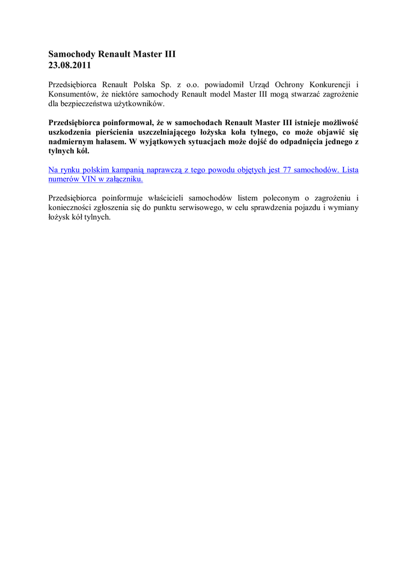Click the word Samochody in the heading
pyautogui.click(x=72, y=54)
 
